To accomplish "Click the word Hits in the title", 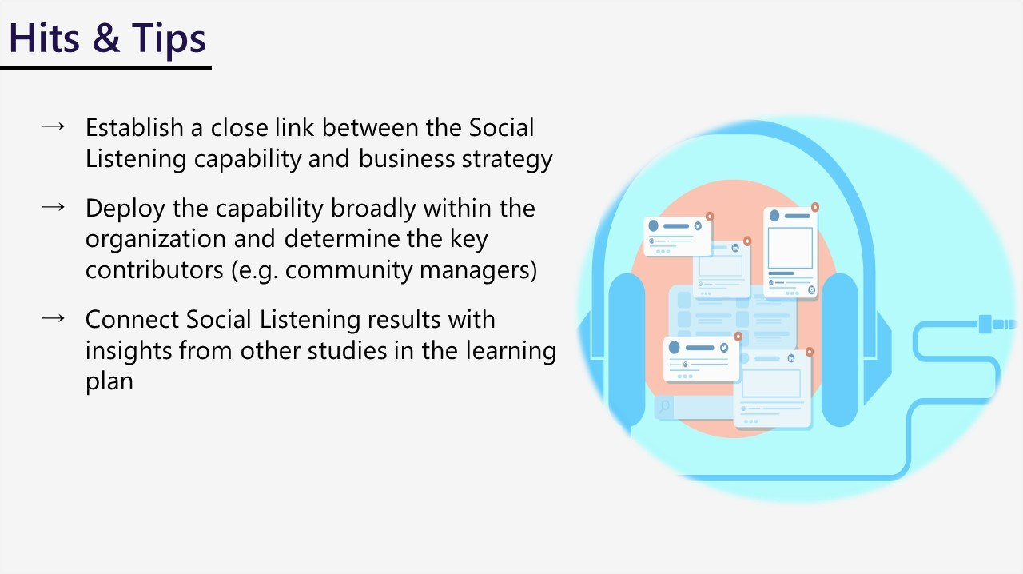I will pos(44,39).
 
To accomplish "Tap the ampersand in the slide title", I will pos(105,39).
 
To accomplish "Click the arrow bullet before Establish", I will pos(53,127).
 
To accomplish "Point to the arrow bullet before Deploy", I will pos(53,207).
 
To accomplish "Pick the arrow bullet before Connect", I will pos(53,318).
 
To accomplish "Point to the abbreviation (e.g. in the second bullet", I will pos(255,270).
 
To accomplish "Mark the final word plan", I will pos(109,381).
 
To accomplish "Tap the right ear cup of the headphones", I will pos(838,348).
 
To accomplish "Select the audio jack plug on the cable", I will pos(996,324).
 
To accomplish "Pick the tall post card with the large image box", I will pos(790,252).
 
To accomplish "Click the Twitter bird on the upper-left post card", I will pos(697,226).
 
